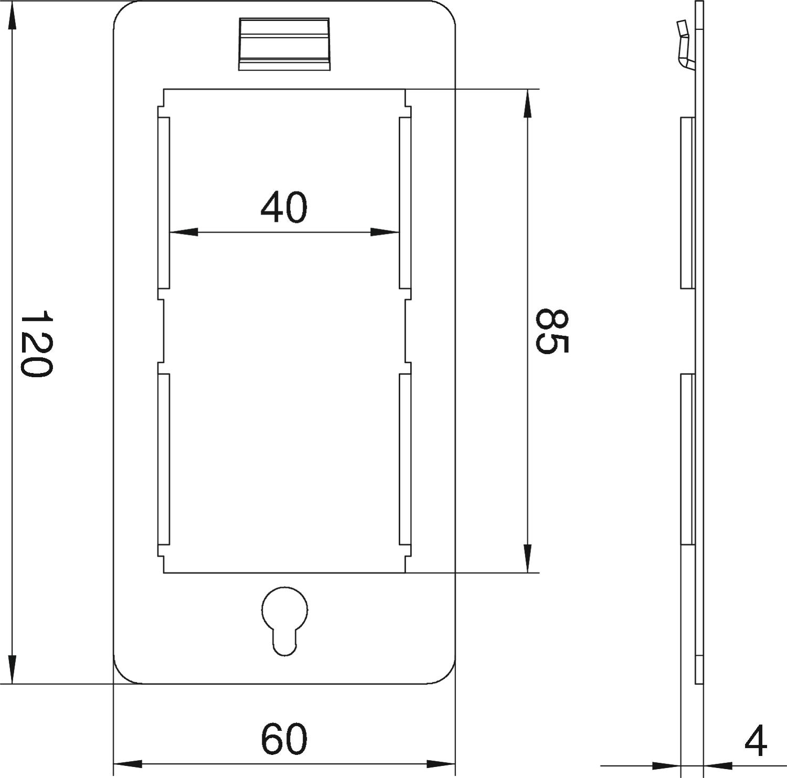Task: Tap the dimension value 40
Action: tap(284, 207)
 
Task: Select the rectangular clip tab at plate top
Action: tap(285, 44)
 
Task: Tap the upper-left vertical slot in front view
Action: tap(164, 203)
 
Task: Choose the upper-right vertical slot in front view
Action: tap(405, 203)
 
